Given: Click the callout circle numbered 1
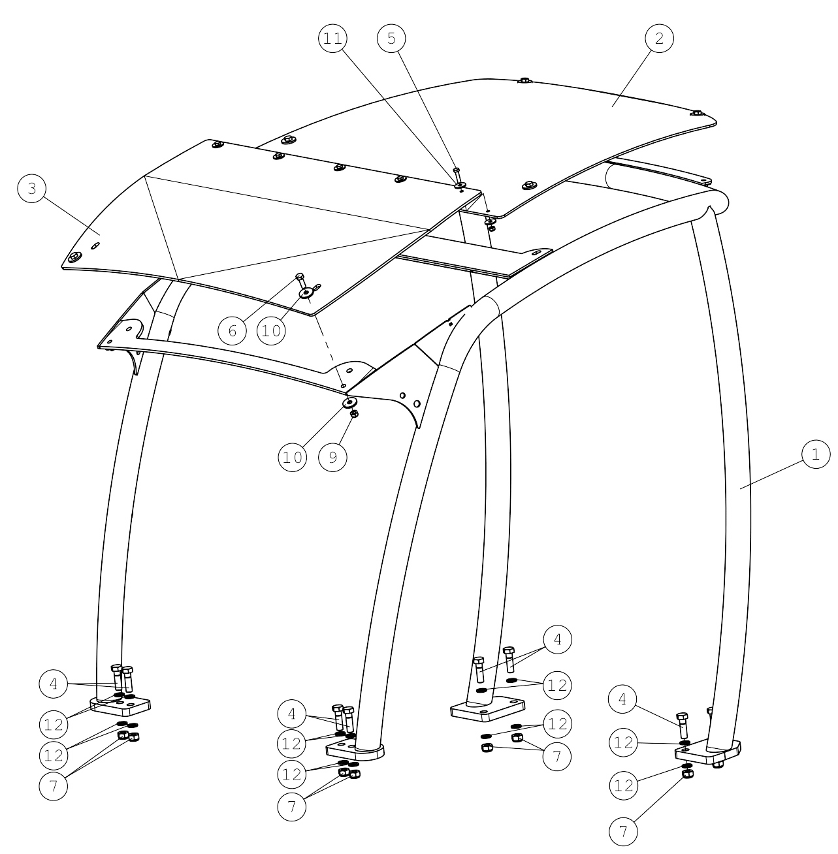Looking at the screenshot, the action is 815,454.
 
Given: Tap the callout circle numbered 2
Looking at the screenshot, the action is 659,39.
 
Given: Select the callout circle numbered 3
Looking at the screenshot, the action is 32,189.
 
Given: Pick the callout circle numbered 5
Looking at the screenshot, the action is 391,39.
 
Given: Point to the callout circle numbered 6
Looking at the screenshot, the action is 233,330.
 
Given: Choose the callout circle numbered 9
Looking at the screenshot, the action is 333,457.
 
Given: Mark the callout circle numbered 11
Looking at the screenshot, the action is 333,39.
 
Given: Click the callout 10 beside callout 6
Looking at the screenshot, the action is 271,330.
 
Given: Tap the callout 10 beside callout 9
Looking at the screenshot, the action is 293,457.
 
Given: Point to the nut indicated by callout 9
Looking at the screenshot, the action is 354,414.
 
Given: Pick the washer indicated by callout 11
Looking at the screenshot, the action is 460,184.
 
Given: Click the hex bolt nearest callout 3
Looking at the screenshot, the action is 74,257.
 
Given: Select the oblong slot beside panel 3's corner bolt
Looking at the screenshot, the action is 95,245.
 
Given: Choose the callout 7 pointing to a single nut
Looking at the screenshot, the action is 623,831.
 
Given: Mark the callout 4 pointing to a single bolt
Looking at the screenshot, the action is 623,699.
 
